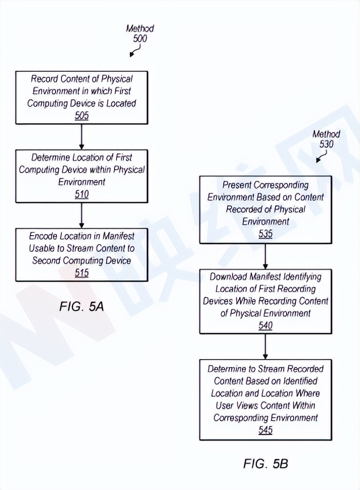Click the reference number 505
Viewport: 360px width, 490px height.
tap(82, 116)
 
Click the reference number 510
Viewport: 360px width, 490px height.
tap(82, 194)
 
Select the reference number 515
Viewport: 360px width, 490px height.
tap(82, 273)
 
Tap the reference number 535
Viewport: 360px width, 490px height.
tap(266, 234)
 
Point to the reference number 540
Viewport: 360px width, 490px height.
tap(266, 325)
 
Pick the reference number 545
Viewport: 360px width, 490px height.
tap(266, 430)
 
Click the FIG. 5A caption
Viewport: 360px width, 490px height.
tap(82, 307)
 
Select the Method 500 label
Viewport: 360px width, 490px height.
tap(140, 33)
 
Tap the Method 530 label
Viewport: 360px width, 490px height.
tap(326, 139)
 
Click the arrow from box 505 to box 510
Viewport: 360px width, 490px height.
tap(82, 136)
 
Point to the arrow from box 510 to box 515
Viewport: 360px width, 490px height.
tap(82, 215)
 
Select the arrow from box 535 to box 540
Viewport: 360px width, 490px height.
tap(266, 256)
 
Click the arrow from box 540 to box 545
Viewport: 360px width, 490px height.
tap(266, 347)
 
